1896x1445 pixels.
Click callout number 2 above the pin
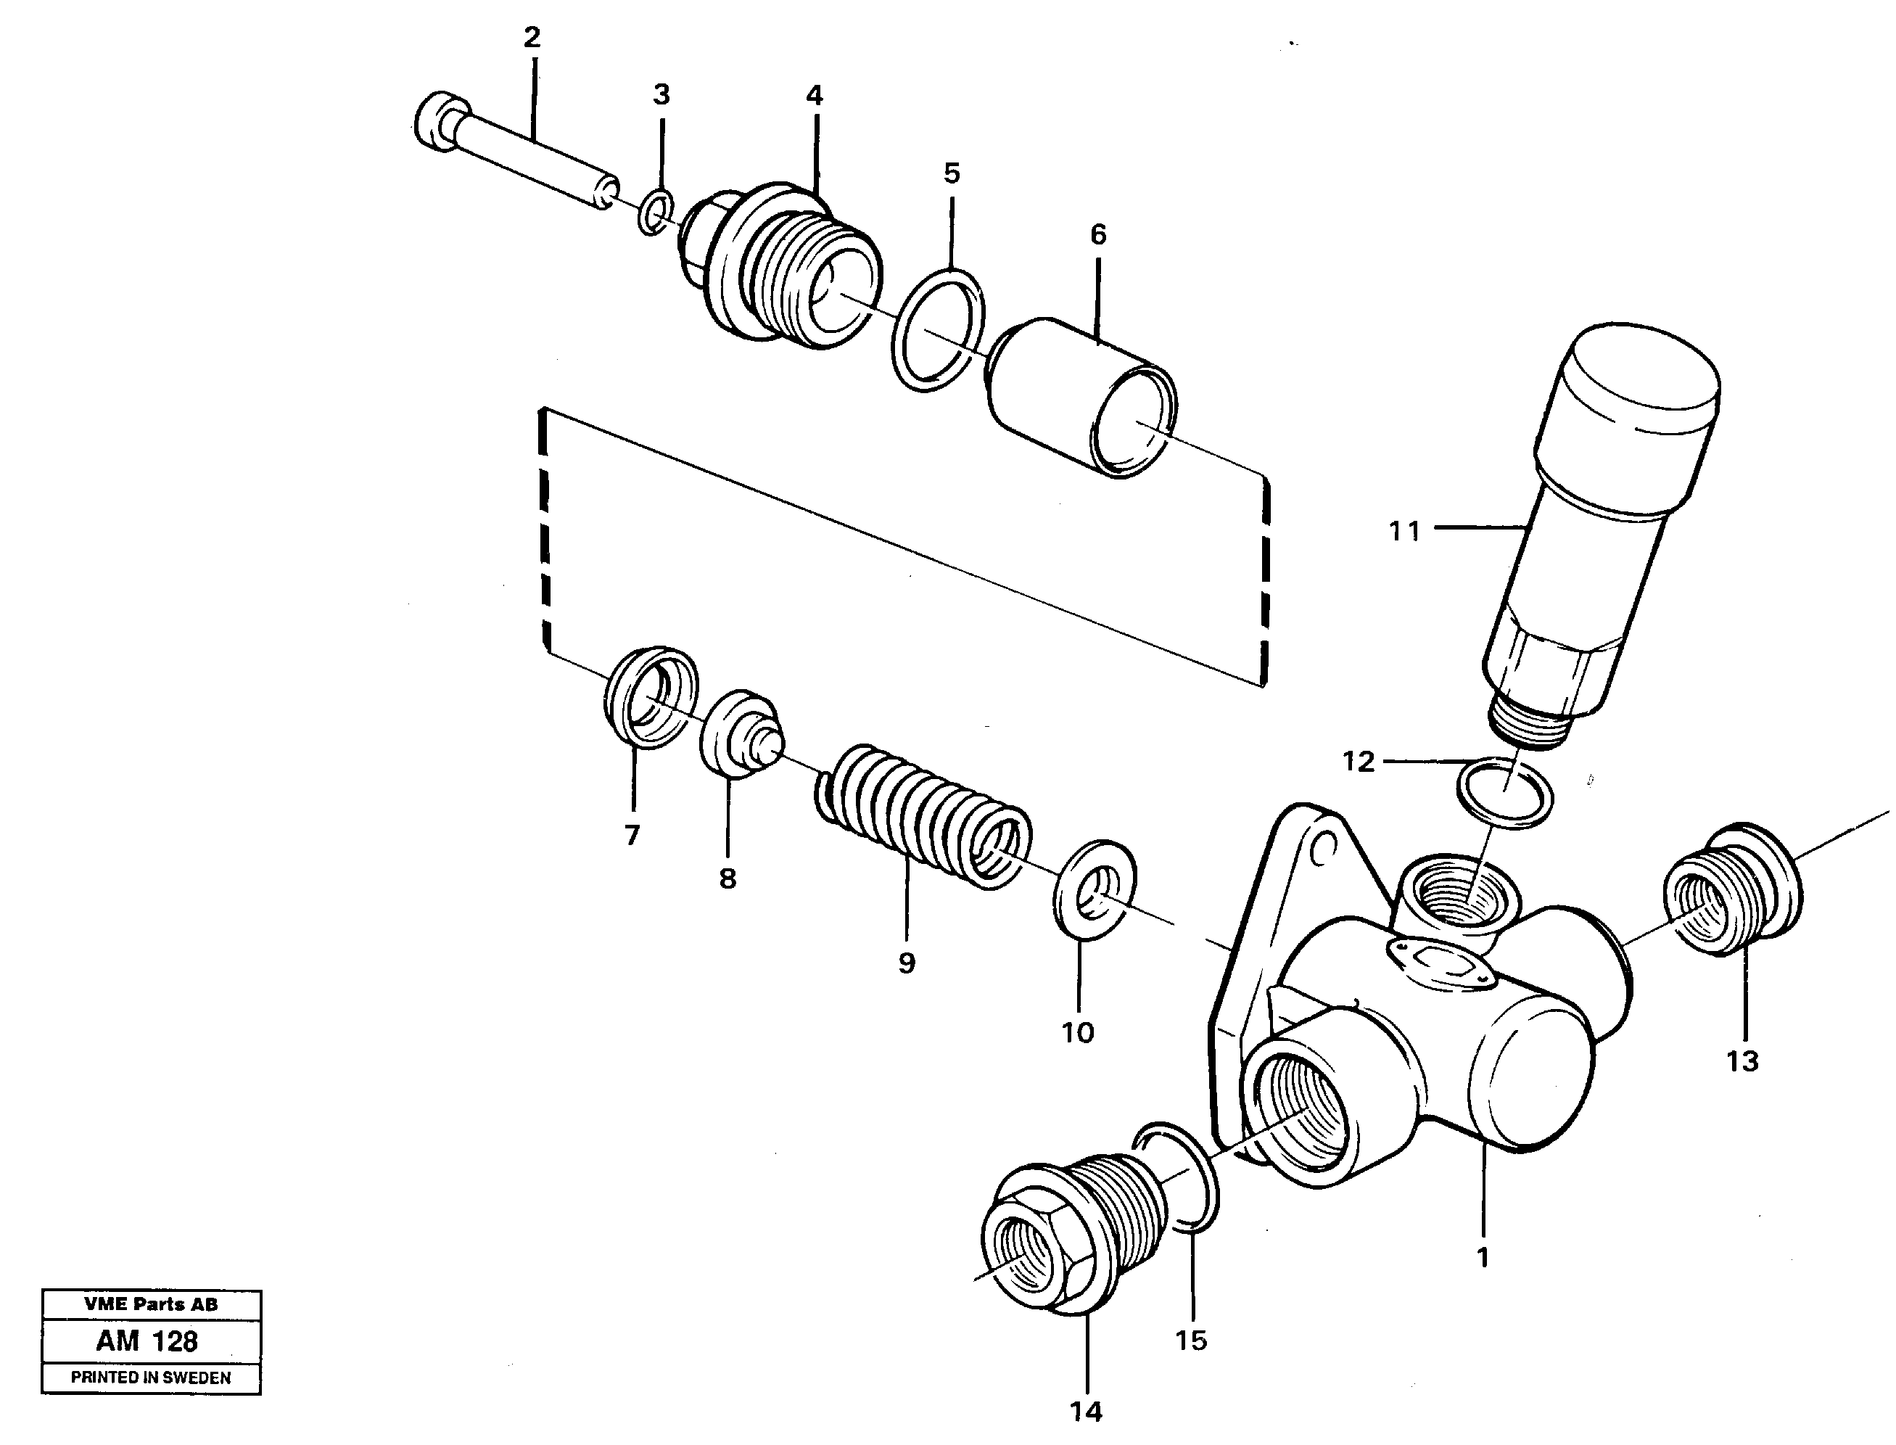[x=532, y=37]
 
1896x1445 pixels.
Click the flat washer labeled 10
[x=1094, y=890]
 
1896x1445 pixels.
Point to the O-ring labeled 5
[x=937, y=330]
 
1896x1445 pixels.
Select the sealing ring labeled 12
[x=1505, y=792]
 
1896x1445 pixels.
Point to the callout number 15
[x=1191, y=1340]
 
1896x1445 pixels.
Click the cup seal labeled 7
[x=649, y=695]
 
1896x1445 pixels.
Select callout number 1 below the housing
[x=1483, y=1258]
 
